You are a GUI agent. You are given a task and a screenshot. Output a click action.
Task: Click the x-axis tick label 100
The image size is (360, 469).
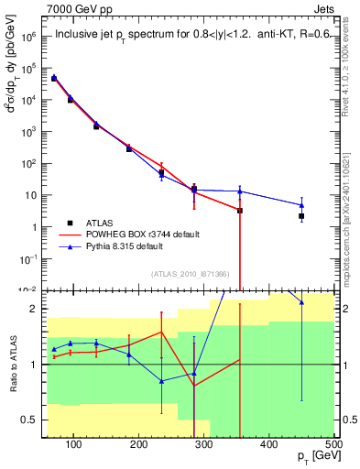click(76, 443)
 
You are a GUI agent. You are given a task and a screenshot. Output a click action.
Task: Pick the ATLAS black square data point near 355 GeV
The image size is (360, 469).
click(240, 211)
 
